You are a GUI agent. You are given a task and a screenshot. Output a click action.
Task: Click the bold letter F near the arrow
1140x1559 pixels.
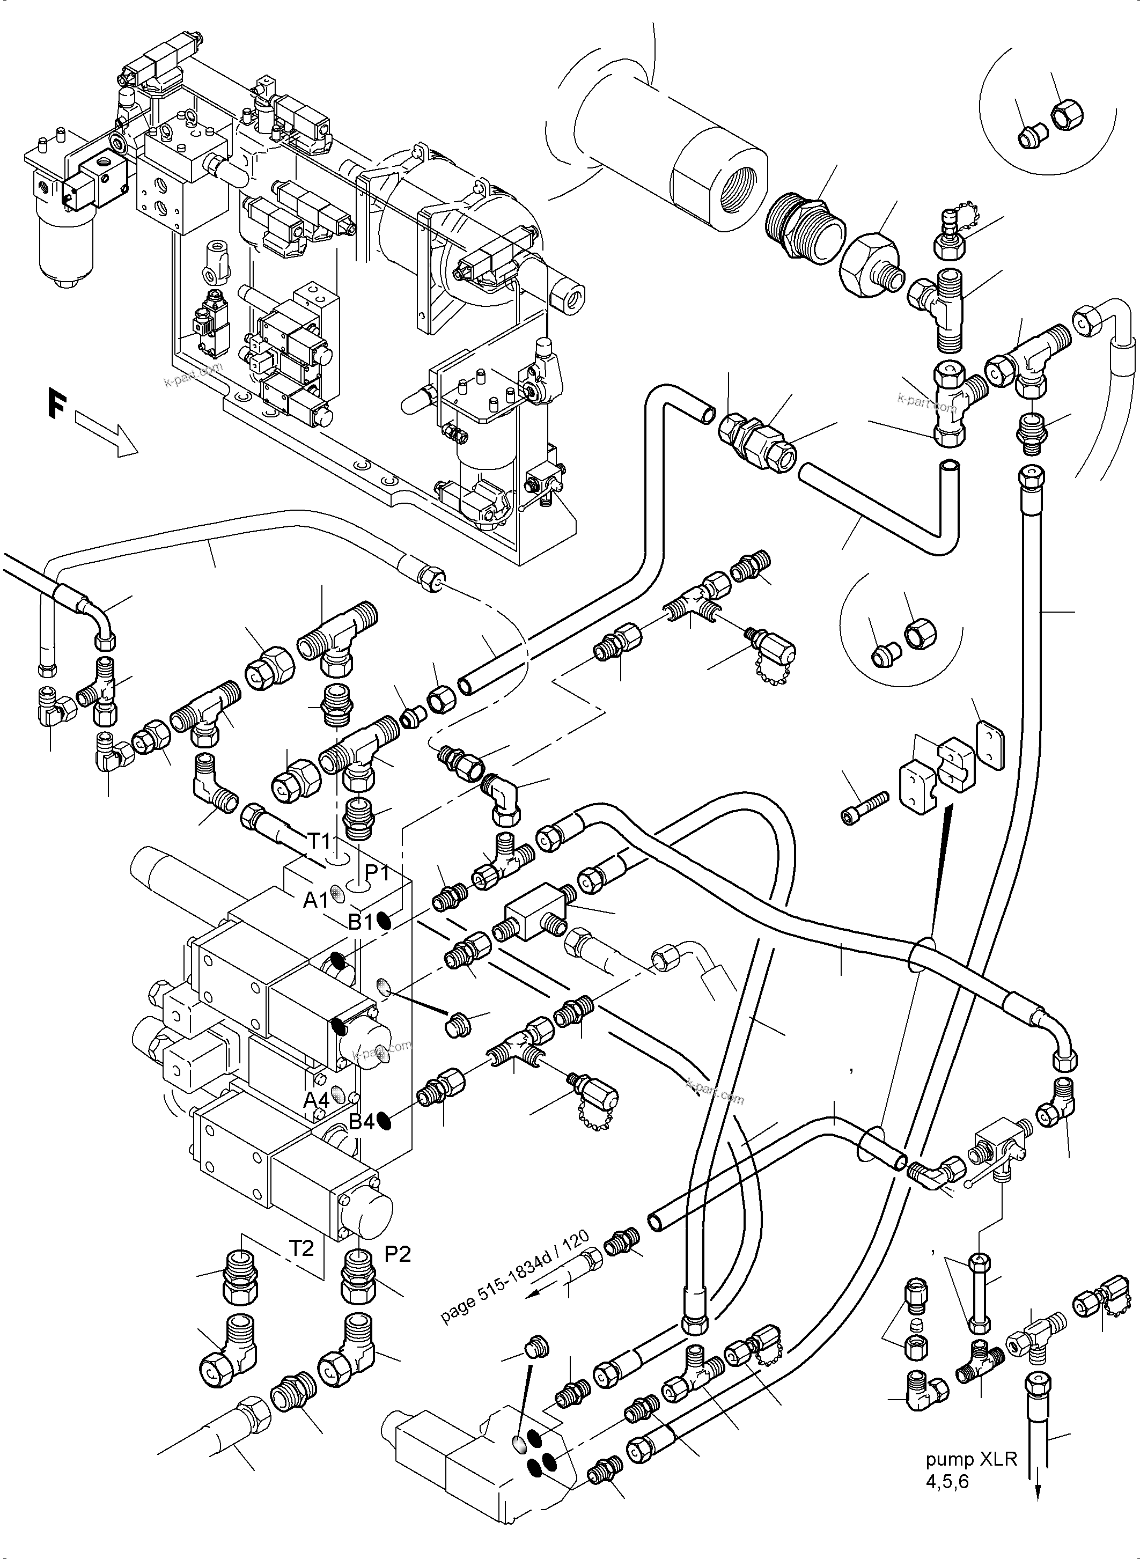[x=58, y=404]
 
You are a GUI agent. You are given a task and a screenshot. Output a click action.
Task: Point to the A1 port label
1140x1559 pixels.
[x=316, y=900]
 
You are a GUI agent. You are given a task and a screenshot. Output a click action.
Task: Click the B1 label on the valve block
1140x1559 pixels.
[x=360, y=922]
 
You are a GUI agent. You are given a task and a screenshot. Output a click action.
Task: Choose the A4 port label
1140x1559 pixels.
[x=316, y=1099]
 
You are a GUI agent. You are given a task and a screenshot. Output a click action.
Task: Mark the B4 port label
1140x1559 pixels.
[x=360, y=1122]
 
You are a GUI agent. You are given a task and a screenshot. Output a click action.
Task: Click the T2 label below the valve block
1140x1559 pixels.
[x=301, y=1248]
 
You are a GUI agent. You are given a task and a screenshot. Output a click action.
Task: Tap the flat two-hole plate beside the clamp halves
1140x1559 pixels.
[x=990, y=745]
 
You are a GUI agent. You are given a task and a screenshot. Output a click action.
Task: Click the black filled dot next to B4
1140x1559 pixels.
[x=386, y=1123]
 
